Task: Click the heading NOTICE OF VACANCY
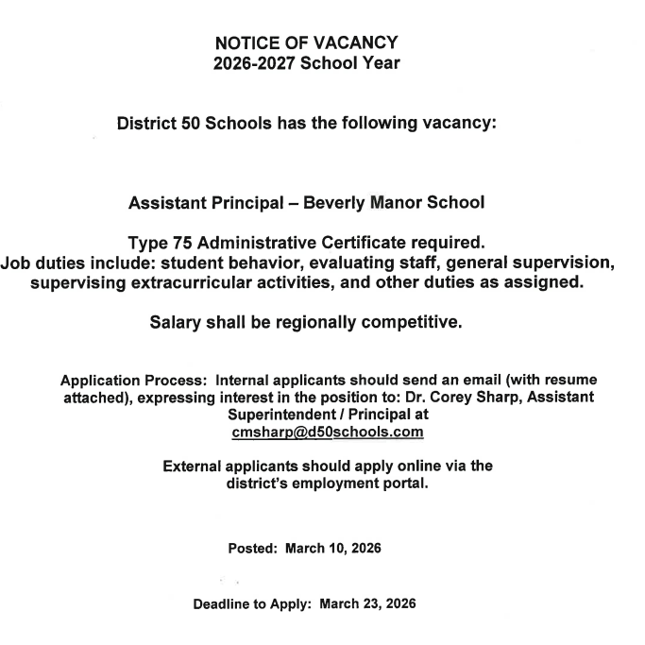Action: click(307, 42)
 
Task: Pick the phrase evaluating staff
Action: click(357, 264)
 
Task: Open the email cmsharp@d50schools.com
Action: click(327, 432)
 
